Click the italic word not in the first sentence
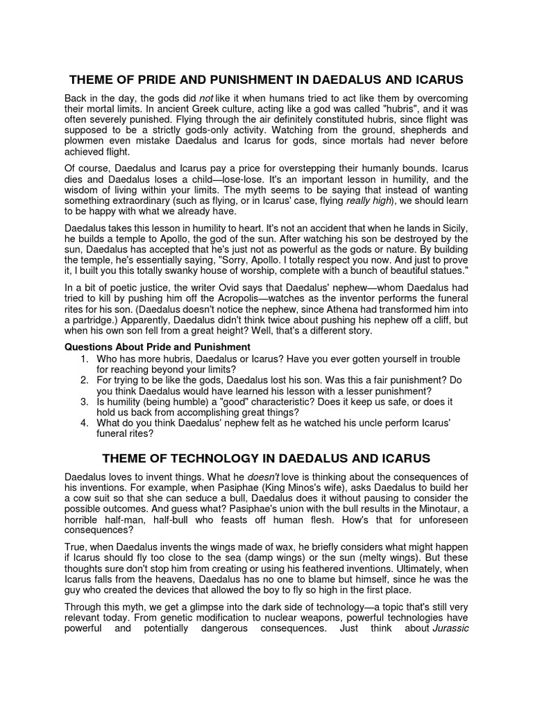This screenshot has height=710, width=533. point(206,98)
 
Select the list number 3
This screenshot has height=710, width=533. point(84,401)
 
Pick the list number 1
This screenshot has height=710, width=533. point(84,358)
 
